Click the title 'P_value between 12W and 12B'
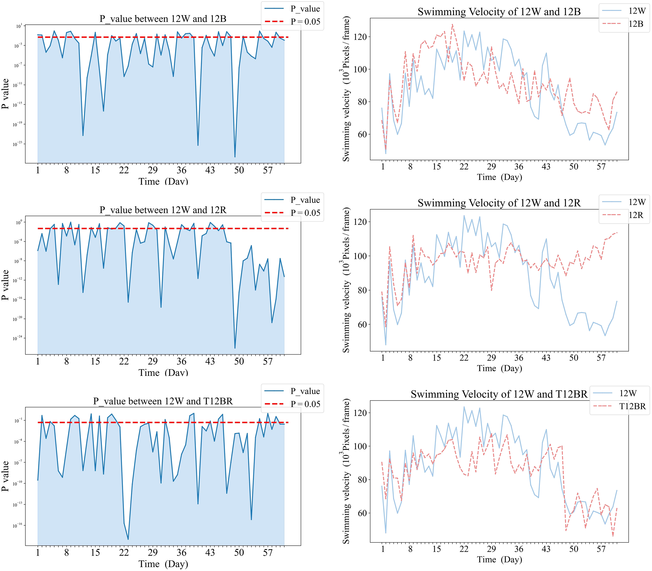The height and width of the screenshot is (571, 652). point(163,19)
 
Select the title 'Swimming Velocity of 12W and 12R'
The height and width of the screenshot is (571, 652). point(499,203)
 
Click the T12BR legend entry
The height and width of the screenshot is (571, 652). point(632,406)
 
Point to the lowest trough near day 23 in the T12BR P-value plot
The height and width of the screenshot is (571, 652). point(128,539)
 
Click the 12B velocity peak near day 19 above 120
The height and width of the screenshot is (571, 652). point(452,24)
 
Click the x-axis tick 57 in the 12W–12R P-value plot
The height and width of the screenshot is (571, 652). point(268,361)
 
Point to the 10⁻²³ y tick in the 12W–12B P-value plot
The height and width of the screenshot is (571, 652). point(17,144)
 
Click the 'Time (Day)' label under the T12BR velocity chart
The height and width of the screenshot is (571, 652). point(499,560)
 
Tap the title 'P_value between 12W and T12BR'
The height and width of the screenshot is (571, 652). point(163,401)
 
